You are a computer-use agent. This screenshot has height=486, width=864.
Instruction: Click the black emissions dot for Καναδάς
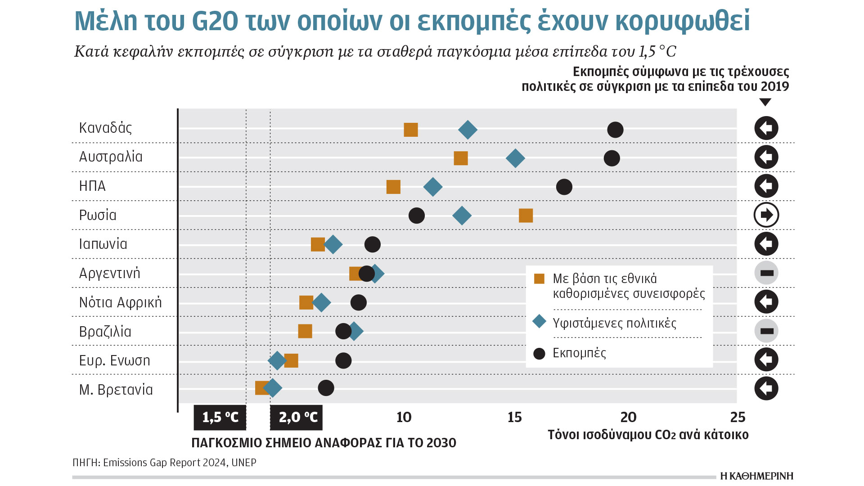point(615,130)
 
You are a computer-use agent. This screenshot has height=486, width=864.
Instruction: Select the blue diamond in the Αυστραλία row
point(515,158)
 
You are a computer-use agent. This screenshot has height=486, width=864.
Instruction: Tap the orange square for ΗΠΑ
point(393,187)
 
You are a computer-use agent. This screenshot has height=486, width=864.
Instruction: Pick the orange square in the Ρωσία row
point(526,216)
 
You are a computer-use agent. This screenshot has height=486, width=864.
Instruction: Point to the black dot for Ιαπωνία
point(372,244)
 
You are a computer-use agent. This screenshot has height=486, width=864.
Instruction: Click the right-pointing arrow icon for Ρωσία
point(766,215)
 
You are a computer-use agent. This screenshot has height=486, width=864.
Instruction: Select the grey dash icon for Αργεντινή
point(766,273)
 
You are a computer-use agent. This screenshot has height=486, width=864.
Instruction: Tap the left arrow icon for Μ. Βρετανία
point(766,388)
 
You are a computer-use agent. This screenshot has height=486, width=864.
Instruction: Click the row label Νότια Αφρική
point(120,302)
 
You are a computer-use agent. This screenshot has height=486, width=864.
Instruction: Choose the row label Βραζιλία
point(105,332)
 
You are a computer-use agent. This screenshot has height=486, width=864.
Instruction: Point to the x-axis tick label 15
point(514,417)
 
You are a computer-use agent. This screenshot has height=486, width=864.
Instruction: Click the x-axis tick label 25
point(738,417)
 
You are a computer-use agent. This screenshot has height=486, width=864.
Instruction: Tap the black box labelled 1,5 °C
point(220,418)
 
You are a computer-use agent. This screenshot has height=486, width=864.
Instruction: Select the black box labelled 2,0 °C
point(297,418)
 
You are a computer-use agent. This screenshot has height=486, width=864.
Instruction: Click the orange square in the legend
point(539,279)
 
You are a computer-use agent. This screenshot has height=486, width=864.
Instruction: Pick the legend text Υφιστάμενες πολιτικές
point(614,323)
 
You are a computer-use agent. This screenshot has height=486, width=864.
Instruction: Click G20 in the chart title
point(215,21)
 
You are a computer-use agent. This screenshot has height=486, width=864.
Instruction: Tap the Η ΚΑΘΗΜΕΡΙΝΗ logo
point(756,476)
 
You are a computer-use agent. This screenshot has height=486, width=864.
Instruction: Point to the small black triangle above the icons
point(765,102)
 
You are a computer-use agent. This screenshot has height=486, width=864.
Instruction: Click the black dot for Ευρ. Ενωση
point(343,360)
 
